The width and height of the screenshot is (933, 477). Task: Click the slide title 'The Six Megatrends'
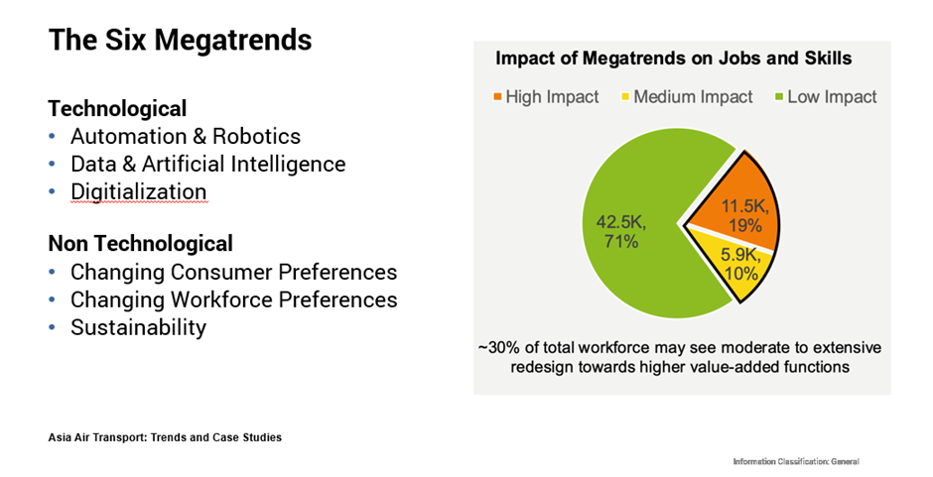(180, 41)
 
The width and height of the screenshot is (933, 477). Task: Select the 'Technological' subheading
(117, 108)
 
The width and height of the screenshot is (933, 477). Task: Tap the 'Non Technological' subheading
(140, 243)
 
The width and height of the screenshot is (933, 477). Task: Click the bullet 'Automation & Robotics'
(185, 136)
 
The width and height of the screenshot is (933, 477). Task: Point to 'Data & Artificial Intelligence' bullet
(207, 164)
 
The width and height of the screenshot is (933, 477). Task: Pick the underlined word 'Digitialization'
(138, 191)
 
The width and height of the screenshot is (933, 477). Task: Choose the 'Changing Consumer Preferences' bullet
(233, 272)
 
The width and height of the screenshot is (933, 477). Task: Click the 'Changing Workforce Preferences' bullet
(233, 299)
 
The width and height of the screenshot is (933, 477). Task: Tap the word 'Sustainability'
(138, 327)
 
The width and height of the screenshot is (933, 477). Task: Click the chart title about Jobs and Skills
(673, 59)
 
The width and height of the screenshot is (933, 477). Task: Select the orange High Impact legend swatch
(496, 97)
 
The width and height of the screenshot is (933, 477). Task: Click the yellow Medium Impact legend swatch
(624, 97)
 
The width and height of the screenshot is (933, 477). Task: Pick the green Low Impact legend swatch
(778, 97)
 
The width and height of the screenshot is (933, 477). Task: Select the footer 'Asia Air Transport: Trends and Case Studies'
(165, 437)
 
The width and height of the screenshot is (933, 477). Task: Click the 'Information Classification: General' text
(795, 462)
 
